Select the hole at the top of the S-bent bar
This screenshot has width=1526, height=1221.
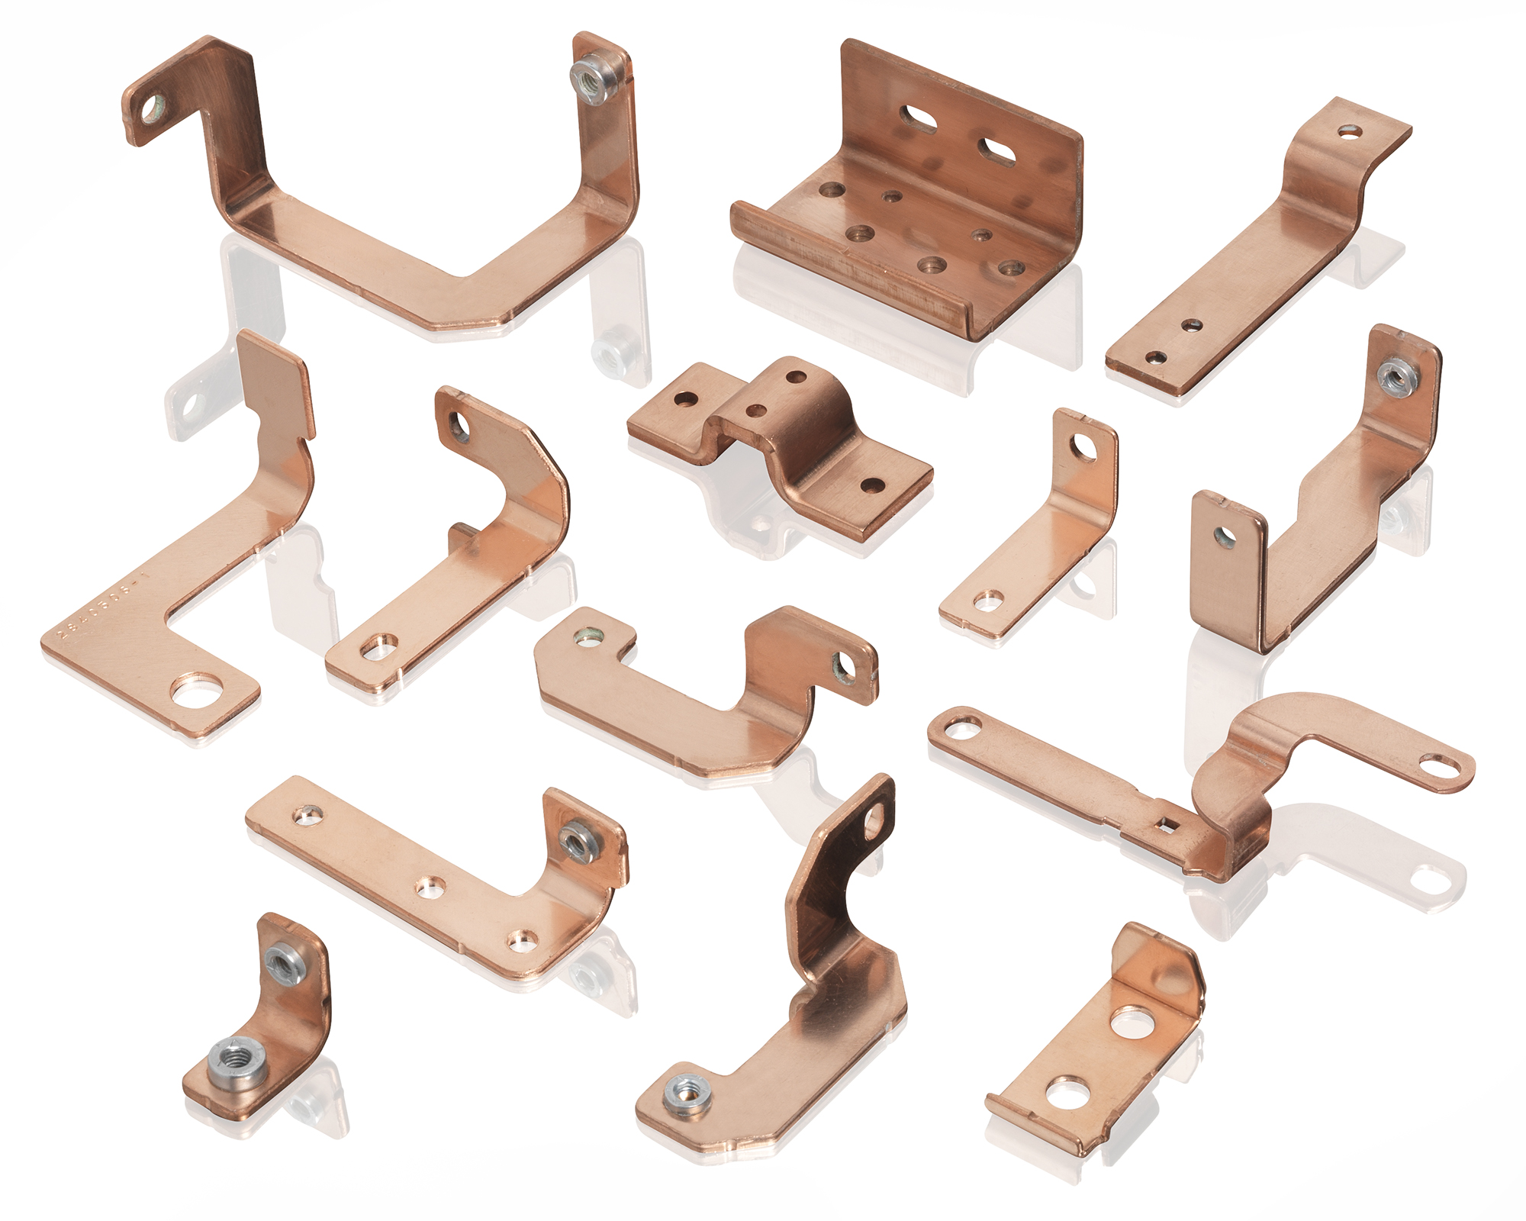pyautogui.click(x=1351, y=131)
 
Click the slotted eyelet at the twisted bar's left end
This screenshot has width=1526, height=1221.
pyautogui.click(x=962, y=726)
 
